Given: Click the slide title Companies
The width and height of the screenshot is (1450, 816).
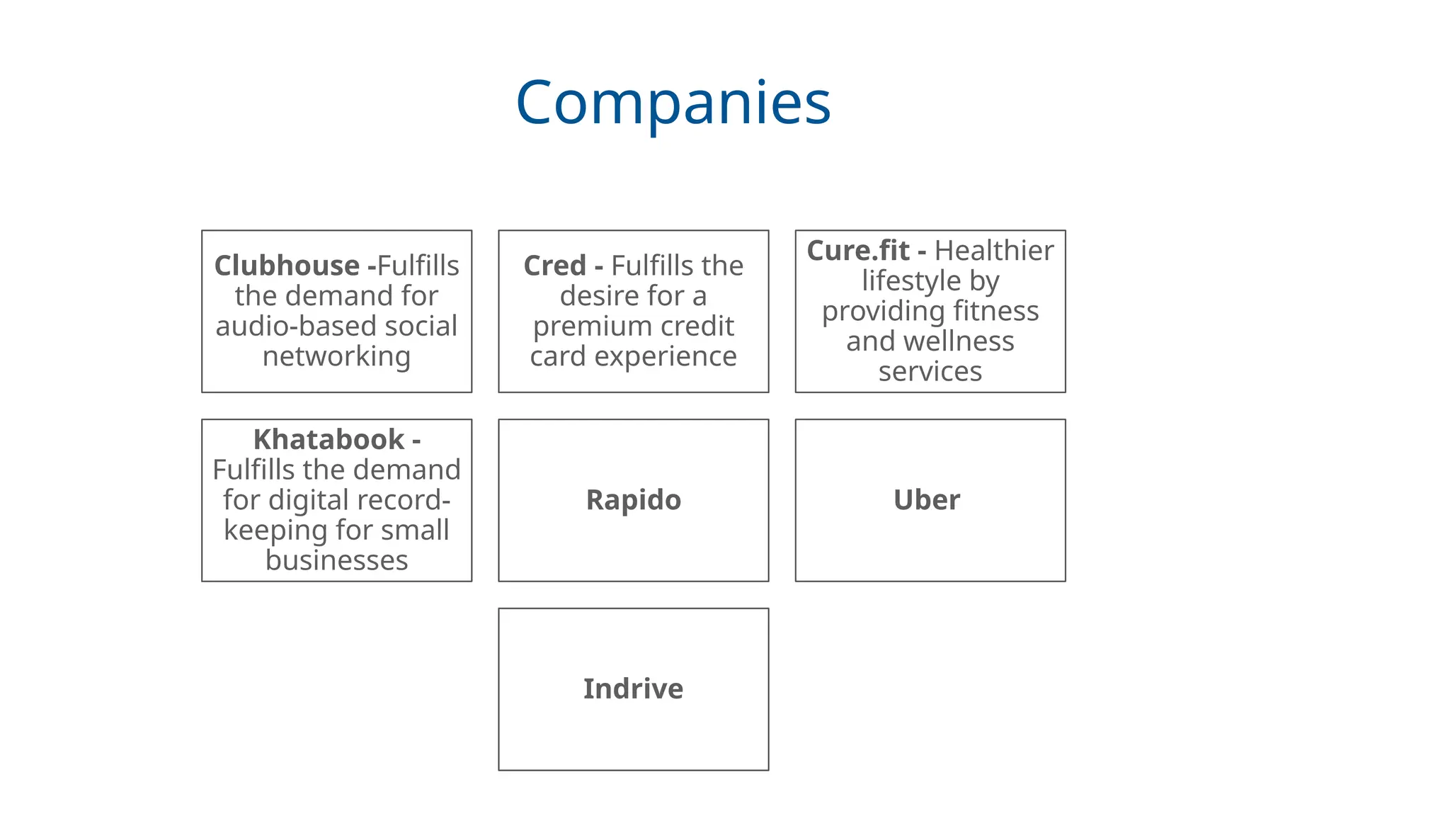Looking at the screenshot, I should [x=673, y=103].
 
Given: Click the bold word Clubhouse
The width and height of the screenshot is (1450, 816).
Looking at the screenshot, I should [x=287, y=266].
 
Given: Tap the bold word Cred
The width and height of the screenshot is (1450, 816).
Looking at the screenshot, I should [x=554, y=266].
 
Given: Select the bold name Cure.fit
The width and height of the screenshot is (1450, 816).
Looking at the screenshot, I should [x=857, y=251].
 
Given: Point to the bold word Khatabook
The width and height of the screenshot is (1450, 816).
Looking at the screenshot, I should [x=329, y=440].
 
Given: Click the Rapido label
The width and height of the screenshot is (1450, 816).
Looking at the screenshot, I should [x=633, y=500].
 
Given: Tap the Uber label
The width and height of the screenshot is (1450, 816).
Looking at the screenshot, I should [x=926, y=500].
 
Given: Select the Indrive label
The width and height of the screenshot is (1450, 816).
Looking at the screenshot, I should [x=633, y=689].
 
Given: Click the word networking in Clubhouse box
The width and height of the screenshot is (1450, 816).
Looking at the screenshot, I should [x=336, y=356].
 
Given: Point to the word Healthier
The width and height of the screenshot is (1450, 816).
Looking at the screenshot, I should [x=993, y=251].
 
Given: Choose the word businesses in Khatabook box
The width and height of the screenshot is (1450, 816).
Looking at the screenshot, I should [x=336, y=560].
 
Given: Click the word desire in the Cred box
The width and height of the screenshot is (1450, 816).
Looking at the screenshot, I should [x=599, y=296].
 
